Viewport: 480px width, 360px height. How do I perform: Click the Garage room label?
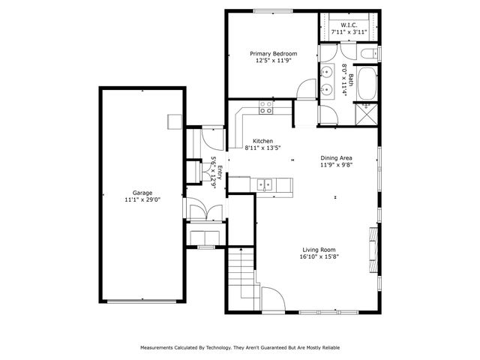[142, 192]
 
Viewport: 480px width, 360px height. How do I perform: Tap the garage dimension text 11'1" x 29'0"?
[142, 200]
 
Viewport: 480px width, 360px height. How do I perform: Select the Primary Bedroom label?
[274, 53]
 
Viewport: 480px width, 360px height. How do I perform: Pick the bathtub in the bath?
[368, 83]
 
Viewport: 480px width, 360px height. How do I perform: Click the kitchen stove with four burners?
[265, 109]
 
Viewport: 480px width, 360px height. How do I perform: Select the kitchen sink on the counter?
[263, 182]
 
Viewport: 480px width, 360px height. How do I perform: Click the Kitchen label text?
[262, 141]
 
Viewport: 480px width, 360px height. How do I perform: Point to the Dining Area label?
[337, 157]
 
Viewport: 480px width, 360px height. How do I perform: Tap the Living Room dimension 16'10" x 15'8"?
[319, 257]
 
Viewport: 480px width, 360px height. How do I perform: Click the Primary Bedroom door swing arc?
[304, 91]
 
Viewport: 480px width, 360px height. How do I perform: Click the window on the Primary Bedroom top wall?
[274, 10]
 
